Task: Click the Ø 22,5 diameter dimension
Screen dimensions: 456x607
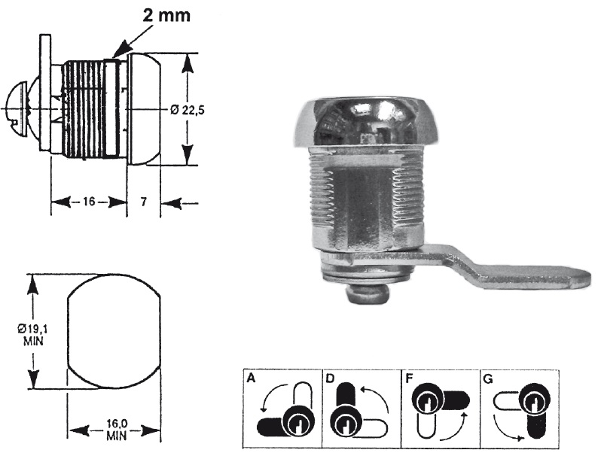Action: pos(188,109)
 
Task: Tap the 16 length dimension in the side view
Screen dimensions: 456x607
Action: pos(87,202)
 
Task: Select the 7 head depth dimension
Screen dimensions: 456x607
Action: pos(143,202)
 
